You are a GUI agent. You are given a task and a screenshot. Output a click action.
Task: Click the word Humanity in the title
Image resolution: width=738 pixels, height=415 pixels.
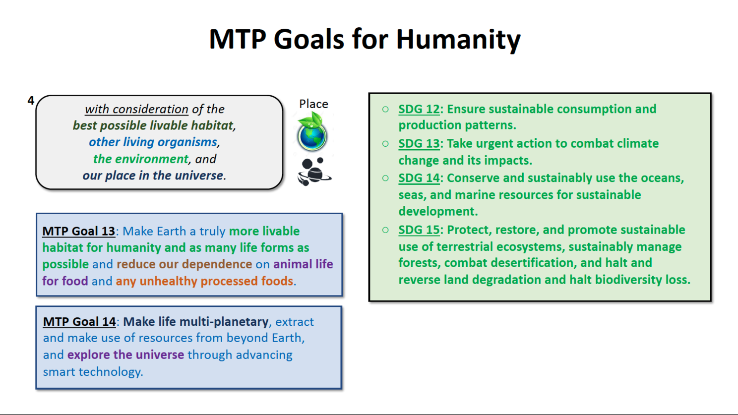(458, 40)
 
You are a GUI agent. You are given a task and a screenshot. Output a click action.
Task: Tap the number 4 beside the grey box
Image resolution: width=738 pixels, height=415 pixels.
(31, 101)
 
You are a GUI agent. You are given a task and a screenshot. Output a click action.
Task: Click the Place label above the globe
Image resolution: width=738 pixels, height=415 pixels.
(313, 104)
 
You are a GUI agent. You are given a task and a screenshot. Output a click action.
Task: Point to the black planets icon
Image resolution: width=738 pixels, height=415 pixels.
(314, 172)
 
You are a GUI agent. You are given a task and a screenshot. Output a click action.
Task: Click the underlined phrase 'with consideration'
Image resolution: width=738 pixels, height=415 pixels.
(136, 109)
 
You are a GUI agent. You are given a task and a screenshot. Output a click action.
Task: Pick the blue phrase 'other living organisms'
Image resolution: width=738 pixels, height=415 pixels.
(153, 142)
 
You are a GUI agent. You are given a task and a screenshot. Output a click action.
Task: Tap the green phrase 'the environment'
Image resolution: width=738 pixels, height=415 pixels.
(141, 159)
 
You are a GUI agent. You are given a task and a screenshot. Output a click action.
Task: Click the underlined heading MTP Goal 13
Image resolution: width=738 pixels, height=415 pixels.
(78, 231)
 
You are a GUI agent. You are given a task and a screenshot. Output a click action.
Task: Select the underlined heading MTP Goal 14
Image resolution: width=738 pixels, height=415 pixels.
(79, 321)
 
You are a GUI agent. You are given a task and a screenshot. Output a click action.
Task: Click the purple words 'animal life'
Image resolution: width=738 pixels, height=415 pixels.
(303, 264)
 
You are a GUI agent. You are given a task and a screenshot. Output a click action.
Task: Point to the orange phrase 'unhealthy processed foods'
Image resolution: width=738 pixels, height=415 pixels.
(216, 281)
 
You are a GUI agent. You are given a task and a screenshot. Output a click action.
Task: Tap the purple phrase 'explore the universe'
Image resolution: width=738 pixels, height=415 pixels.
(125, 355)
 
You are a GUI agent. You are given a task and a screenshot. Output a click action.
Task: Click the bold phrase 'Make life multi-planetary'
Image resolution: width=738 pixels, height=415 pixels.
(196, 321)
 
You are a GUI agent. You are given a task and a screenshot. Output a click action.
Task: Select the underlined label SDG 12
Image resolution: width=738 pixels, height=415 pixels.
(419, 109)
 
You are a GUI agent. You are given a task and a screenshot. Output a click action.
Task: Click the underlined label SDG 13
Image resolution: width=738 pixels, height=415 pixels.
(419, 144)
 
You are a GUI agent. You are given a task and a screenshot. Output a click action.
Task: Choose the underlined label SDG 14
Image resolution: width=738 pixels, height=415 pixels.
(419, 178)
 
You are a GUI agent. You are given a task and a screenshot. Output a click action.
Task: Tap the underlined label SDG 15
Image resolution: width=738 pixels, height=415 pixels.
(419, 230)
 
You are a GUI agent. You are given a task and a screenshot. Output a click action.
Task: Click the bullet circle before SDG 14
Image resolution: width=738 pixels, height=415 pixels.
(385, 178)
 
